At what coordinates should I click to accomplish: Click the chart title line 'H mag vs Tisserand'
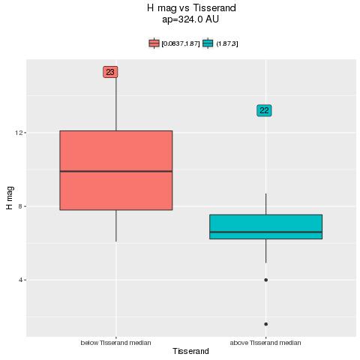[x=191, y=8]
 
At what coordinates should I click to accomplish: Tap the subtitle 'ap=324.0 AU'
[x=190, y=19]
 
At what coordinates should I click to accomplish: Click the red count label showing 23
[x=110, y=72]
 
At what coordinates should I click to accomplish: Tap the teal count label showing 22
[x=264, y=110]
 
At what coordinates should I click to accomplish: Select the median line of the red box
[x=116, y=171]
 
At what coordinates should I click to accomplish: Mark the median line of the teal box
[x=265, y=232]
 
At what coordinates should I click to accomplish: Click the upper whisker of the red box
[x=116, y=104]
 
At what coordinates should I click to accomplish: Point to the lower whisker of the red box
[x=116, y=226]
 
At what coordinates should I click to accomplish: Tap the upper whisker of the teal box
[x=265, y=204]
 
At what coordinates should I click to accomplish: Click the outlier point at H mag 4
[x=265, y=280]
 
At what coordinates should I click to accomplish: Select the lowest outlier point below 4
[x=265, y=324]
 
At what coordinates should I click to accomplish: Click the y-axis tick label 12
[x=19, y=133]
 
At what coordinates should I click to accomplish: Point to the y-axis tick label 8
[x=21, y=206]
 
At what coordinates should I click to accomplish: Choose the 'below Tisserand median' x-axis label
[x=115, y=343]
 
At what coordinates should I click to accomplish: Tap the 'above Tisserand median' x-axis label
[x=265, y=343]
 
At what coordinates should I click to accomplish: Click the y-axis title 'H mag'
[x=10, y=198]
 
